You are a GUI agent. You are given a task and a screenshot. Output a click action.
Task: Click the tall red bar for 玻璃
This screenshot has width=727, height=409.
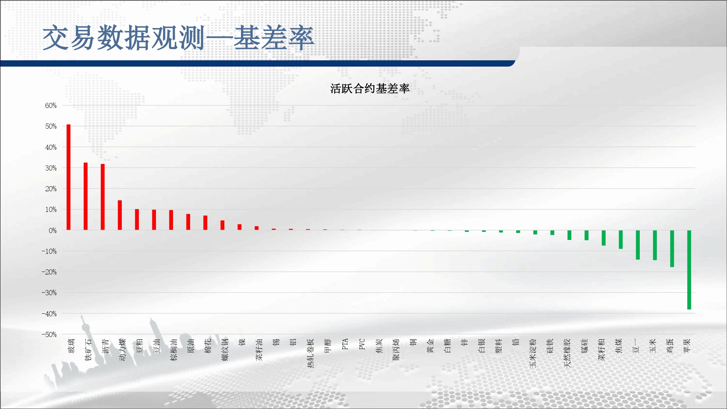point(68,177)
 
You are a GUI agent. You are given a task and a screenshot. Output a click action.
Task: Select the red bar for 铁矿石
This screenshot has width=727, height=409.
point(85,196)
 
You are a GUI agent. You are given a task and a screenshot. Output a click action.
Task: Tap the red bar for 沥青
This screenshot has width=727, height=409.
point(103,197)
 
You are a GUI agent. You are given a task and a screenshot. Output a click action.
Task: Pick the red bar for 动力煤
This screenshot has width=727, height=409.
point(120,215)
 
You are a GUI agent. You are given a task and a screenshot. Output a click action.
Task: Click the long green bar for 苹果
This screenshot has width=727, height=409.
point(689,270)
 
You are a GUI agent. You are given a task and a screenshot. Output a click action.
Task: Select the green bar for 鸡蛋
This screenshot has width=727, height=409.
point(672,249)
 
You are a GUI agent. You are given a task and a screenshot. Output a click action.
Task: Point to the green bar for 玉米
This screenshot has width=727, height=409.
point(655,245)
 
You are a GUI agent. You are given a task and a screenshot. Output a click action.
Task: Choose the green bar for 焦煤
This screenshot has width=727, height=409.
point(620,240)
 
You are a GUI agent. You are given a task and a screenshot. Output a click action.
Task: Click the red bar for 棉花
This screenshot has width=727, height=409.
point(205,223)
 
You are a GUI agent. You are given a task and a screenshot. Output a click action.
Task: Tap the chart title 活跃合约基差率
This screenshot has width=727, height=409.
point(370,88)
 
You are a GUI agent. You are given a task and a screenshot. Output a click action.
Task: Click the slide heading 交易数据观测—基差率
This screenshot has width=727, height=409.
point(178,38)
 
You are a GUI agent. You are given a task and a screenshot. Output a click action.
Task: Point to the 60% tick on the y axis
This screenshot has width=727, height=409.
point(51,105)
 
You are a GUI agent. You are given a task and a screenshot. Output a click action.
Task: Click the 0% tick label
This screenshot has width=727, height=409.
point(53,230)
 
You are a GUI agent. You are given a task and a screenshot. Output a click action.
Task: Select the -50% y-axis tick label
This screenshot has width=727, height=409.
point(49,334)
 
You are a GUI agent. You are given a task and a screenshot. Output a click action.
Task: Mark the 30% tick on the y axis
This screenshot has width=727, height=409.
point(51,168)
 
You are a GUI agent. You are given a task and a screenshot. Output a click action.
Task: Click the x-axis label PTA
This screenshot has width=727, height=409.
point(345,344)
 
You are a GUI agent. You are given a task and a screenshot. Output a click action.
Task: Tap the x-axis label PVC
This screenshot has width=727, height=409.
point(362,344)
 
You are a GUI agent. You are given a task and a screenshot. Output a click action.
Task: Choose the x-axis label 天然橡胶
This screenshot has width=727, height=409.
point(567,353)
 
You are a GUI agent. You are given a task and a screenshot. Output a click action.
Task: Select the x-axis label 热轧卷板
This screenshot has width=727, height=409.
point(310,353)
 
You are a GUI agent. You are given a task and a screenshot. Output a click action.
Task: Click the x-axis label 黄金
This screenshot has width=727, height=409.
point(430,346)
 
